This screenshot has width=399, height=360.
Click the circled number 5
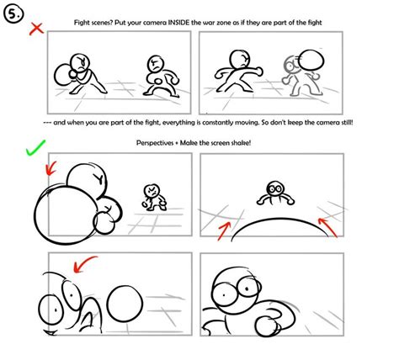coord(14,14)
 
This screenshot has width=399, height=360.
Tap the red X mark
coord(35,29)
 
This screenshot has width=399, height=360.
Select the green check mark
coord(36,151)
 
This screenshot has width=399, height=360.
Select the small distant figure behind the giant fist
coord(152,195)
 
